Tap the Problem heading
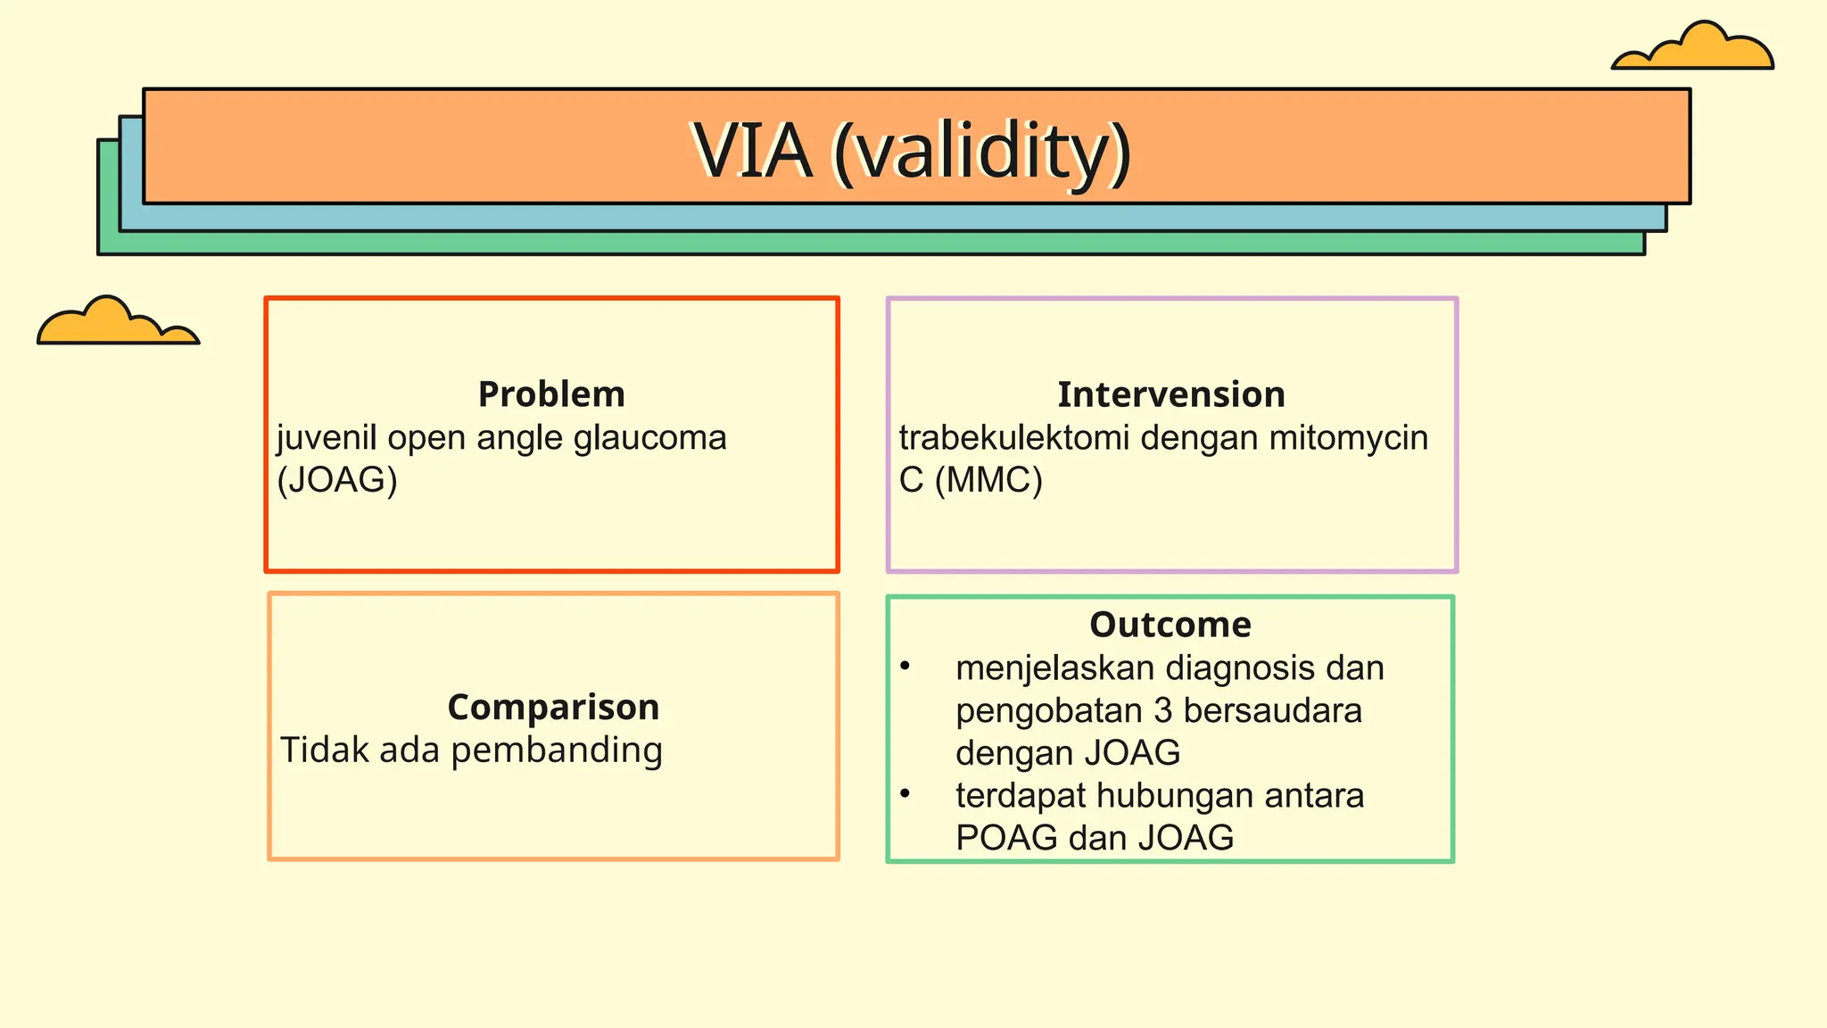tap(551, 394)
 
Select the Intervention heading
tap(1171, 394)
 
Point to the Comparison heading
tap(553, 707)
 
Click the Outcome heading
tap(1170, 625)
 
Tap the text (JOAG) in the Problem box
tap(337, 481)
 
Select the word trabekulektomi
tap(1014, 438)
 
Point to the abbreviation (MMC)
tap(988, 481)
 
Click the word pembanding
tap(557, 750)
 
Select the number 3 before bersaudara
tap(1162, 711)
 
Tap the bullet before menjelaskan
tap(905, 666)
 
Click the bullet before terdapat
tap(905, 793)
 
